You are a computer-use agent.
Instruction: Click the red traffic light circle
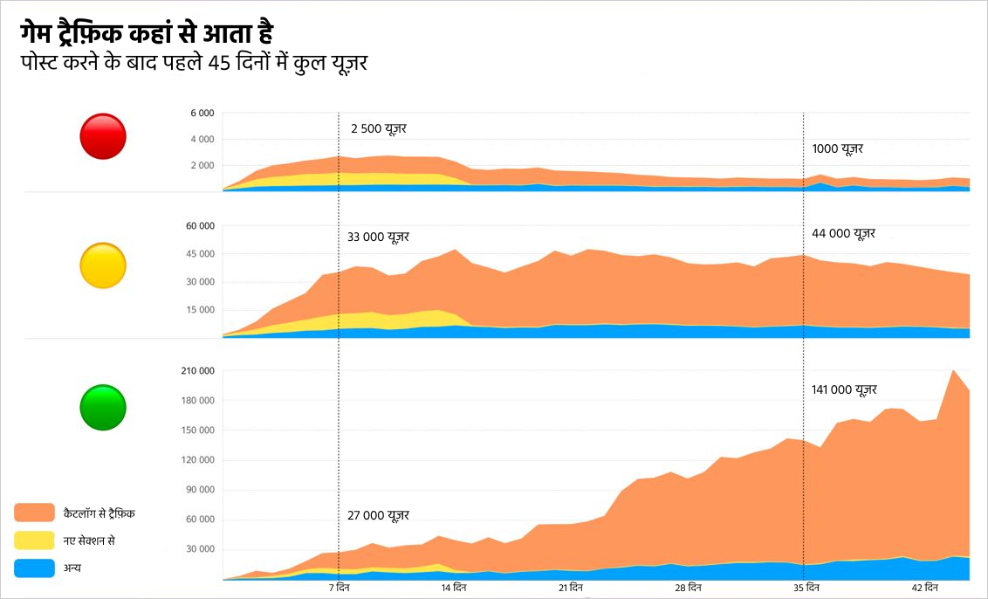103,136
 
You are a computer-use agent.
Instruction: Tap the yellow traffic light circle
103,265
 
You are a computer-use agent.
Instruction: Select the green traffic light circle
103,407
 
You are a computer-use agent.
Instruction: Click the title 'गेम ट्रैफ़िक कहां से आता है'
148,35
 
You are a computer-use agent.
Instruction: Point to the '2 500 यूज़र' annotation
379,128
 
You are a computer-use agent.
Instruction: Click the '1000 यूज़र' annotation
837,148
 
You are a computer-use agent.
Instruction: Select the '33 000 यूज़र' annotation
378,237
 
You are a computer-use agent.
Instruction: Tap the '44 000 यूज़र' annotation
843,233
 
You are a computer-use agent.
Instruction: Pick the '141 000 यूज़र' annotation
844,389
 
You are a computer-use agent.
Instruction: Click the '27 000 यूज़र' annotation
378,515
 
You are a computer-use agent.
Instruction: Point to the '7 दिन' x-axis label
340,588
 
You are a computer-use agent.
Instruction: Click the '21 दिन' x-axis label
571,588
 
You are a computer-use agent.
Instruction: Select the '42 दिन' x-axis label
924,588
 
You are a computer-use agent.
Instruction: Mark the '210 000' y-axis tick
196,371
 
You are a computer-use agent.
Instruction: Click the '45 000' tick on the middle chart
200,254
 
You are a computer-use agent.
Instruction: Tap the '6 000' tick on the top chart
202,114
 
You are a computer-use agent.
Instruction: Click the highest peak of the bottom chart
952,370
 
